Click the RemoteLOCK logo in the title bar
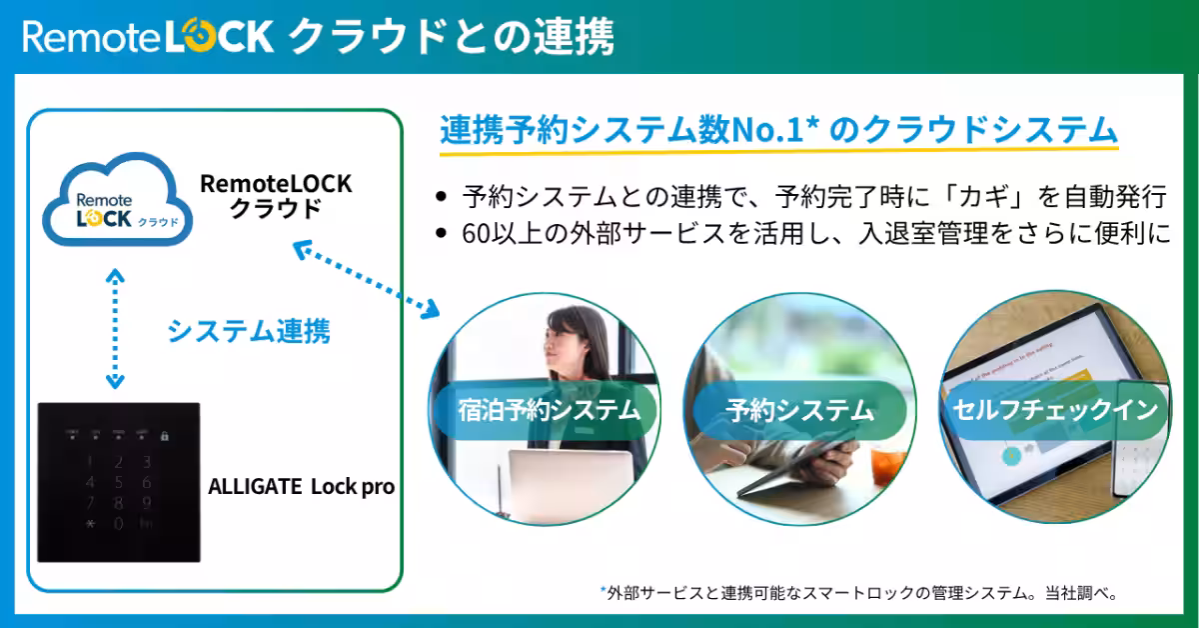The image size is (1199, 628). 147,37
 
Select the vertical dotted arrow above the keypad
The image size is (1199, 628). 115,328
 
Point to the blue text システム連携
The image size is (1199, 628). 248,331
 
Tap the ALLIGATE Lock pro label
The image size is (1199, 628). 301,487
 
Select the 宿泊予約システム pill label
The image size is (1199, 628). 535,410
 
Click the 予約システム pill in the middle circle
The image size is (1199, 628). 799,410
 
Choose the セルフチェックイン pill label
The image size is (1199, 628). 1055,410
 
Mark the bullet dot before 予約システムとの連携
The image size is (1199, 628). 442,196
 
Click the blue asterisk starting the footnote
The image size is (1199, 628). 602,591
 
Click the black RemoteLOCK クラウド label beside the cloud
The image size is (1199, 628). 277,195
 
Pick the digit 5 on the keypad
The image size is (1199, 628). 118,483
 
